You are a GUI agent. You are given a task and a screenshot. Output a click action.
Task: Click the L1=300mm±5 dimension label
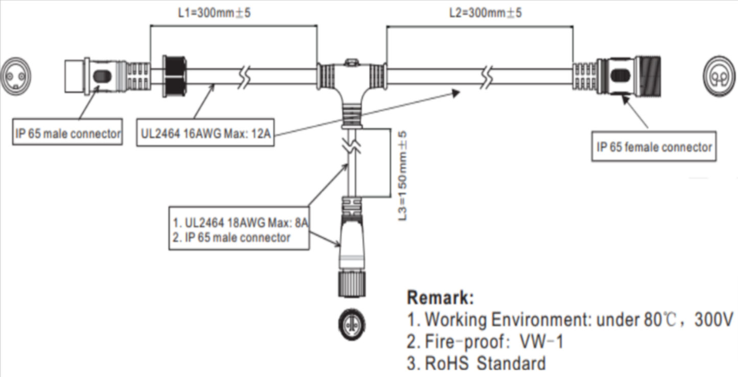[x=214, y=13]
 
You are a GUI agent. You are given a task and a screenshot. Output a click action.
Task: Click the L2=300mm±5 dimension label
[x=485, y=13]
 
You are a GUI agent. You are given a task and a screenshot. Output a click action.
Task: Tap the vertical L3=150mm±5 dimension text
[x=402, y=176]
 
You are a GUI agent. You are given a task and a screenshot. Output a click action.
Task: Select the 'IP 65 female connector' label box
[x=654, y=147]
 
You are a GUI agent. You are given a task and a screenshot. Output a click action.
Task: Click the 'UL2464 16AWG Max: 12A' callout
[x=206, y=136]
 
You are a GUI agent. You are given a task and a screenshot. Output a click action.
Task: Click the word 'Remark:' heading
[x=440, y=297]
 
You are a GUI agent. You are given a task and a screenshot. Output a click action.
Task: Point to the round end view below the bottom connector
[x=350, y=323]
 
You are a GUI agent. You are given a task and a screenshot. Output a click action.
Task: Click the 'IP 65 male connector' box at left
[x=67, y=134]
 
